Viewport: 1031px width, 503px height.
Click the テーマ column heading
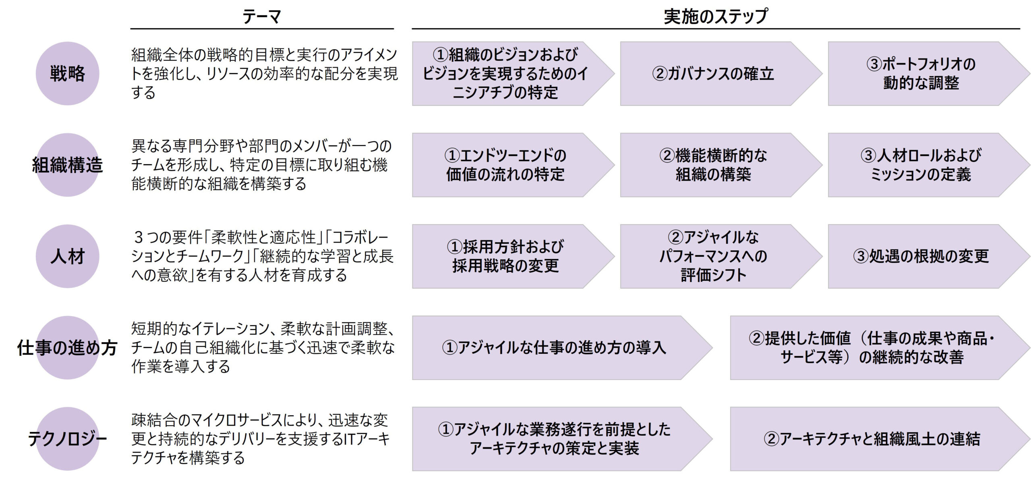point(261,17)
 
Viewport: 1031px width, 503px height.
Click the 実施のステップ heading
point(716,17)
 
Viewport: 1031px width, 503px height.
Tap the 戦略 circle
point(67,74)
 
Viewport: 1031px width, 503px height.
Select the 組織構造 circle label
point(67,165)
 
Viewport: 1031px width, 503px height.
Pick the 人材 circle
point(67,256)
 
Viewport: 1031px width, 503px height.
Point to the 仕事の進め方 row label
point(67,348)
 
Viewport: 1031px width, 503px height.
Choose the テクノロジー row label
point(67,439)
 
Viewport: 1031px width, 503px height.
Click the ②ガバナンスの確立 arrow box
point(713,74)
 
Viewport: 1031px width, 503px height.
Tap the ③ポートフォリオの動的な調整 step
point(921,74)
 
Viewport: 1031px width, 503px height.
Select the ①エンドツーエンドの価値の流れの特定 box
point(505,165)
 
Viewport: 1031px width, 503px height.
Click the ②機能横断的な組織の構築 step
point(713,165)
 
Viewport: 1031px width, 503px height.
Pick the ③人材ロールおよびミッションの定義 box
point(921,165)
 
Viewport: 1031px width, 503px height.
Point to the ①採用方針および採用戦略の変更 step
point(505,256)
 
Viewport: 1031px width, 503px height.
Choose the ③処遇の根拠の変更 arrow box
point(921,256)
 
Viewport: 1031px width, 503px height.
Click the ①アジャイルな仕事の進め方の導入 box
point(554,348)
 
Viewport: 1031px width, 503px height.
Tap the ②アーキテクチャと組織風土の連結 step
point(872,439)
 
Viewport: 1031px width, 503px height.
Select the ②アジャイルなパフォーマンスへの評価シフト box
point(713,256)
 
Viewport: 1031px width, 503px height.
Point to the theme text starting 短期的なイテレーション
point(263,348)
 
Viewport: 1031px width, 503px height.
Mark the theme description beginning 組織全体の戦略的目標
point(264,74)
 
